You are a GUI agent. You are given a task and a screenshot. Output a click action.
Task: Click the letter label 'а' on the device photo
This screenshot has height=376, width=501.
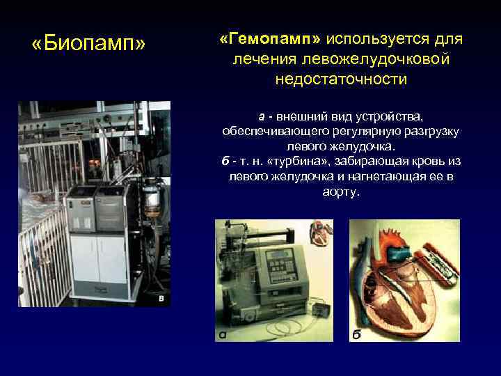221,336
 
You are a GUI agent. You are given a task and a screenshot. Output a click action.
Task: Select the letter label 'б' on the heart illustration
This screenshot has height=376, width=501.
356,335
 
